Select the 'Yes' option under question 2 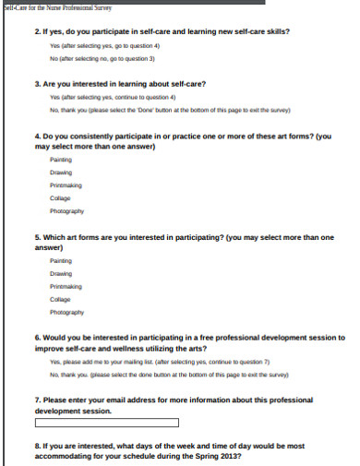pos(104,44)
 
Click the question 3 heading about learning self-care pos(120,84)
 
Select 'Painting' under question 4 pos(62,159)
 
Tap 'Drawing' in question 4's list pos(62,172)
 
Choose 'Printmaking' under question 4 pos(66,185)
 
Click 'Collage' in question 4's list pos(60,197)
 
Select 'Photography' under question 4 pos(66,210)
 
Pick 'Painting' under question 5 pos(62,261)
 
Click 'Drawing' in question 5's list pos(62,273)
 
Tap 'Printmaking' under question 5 pos(66,286)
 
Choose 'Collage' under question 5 pos(60,299)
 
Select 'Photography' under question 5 pos(66,312)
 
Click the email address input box pos(106,424)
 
